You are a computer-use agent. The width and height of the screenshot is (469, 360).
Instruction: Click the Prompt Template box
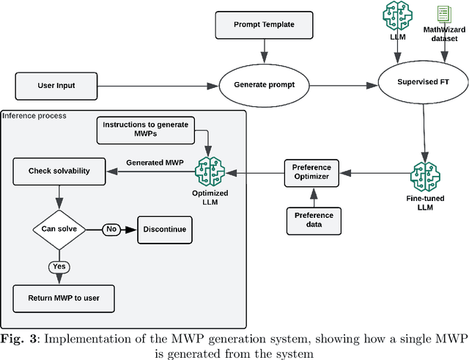(264, 25)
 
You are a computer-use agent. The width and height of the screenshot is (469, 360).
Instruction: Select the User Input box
(56, 86)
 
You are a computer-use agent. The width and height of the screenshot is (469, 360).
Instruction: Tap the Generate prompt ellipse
(264, 85)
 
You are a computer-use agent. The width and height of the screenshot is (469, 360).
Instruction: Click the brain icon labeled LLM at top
(396, 16)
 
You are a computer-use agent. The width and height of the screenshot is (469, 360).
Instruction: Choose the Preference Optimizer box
(313, 173)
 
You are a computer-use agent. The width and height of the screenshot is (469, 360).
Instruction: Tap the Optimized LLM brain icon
(210, 174)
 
